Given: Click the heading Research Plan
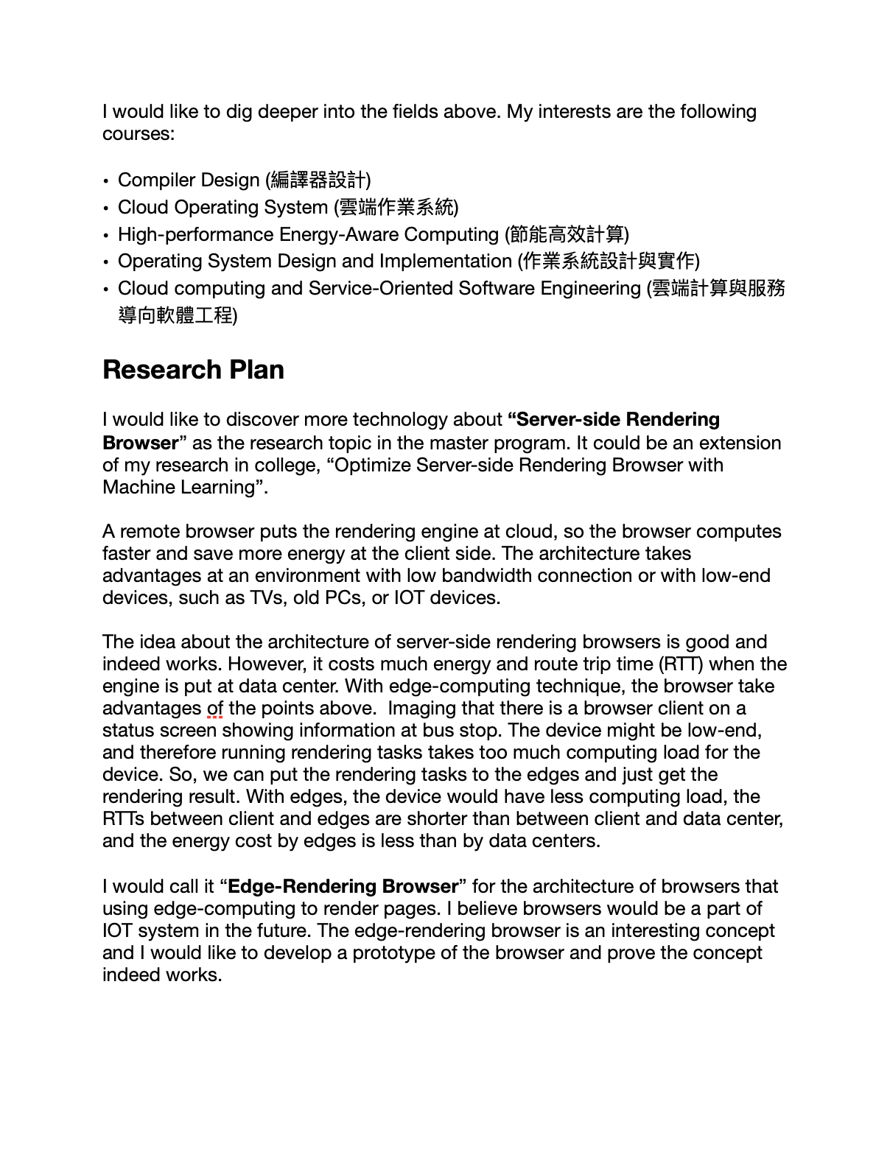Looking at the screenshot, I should [x=193, y=370].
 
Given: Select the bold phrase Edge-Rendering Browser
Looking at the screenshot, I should [x=343, y=886].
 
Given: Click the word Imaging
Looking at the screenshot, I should [x=418, y=709].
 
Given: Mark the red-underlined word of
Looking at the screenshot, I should [x=215, y=709].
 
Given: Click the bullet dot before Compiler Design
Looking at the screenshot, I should [x=107, y=181].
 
